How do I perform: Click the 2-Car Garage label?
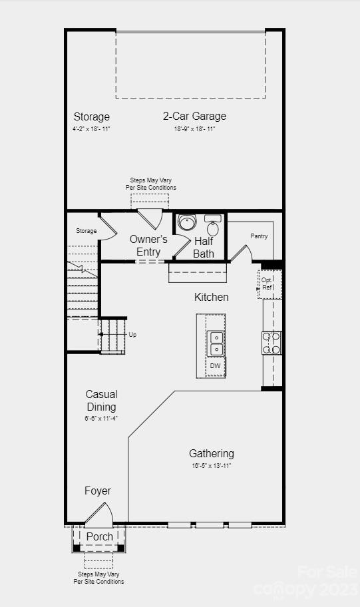[194, 116]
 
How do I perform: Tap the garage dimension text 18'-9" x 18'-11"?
[194, 128]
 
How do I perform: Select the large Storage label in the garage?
[92, 117]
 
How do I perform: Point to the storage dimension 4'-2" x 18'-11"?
[92, 128]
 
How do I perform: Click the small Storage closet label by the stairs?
[86, 231]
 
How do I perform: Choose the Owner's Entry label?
[148, 245]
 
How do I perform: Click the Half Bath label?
[204, 247]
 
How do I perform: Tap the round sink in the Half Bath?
[187, 222]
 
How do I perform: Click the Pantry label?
[259, 236]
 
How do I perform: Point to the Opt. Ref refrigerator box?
[268, 284]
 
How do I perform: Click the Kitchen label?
[211, 297]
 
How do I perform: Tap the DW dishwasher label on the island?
[215, 366]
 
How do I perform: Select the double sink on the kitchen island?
[216, 343]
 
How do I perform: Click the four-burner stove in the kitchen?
[271, 343]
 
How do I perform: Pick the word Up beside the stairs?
[132, 335]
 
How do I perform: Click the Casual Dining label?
[101, 401]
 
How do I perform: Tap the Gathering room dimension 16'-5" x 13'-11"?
[211, 466]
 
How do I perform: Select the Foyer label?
[98, 491]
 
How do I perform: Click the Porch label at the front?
[100, 536]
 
